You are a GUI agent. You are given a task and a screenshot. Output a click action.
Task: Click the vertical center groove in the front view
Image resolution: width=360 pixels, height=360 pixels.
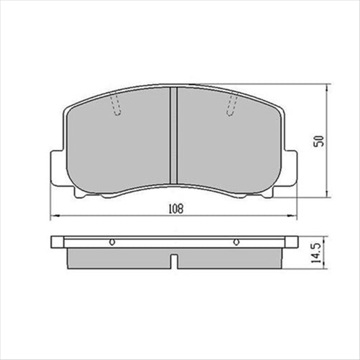tap(172, 137)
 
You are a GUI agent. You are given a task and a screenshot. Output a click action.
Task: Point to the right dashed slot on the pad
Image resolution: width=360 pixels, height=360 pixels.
tap(231, 106)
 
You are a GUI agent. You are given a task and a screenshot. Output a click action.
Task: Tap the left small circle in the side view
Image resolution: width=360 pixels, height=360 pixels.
tap(111, 242)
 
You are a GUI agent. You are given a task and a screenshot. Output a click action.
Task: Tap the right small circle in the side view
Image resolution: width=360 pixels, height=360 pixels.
tap(236, 242)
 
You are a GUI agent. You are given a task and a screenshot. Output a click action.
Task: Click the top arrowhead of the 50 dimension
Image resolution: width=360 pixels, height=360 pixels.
tap(328, 87)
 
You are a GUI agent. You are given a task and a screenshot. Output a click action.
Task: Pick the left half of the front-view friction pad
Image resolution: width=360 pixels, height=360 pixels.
tap(119, 144)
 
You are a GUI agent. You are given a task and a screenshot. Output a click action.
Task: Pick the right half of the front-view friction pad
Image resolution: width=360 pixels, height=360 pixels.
tap(226, 144)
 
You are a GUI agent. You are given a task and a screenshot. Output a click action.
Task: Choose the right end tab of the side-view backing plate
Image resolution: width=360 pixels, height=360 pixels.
tap(290, 242)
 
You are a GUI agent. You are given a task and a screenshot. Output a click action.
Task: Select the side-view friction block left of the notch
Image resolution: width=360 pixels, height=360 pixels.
tap(119, 257)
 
